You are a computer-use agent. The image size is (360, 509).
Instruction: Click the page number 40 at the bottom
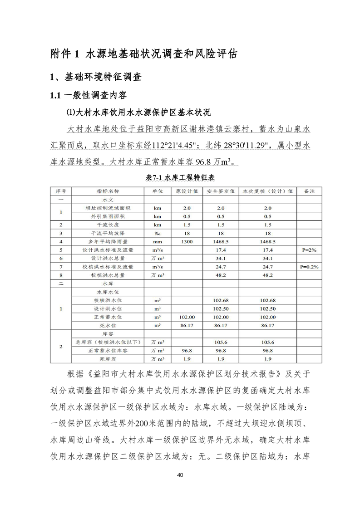click(x=180, y=475)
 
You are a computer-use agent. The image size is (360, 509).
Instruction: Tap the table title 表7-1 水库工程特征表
click(x=180, y=178)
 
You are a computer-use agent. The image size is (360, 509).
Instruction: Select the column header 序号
click(x=61, y=191)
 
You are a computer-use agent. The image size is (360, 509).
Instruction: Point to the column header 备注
click(x=309, y=191)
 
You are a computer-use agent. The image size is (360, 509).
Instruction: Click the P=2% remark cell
click(x=309, y=250)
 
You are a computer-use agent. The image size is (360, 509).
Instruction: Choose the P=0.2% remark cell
click(x=309, y=267)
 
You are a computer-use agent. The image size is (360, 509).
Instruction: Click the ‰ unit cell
click(x=157, y=233)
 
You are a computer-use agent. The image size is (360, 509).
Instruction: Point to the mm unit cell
click(x=157, y=241)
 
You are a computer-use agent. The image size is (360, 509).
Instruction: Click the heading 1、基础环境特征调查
click(x=96, y=77)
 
